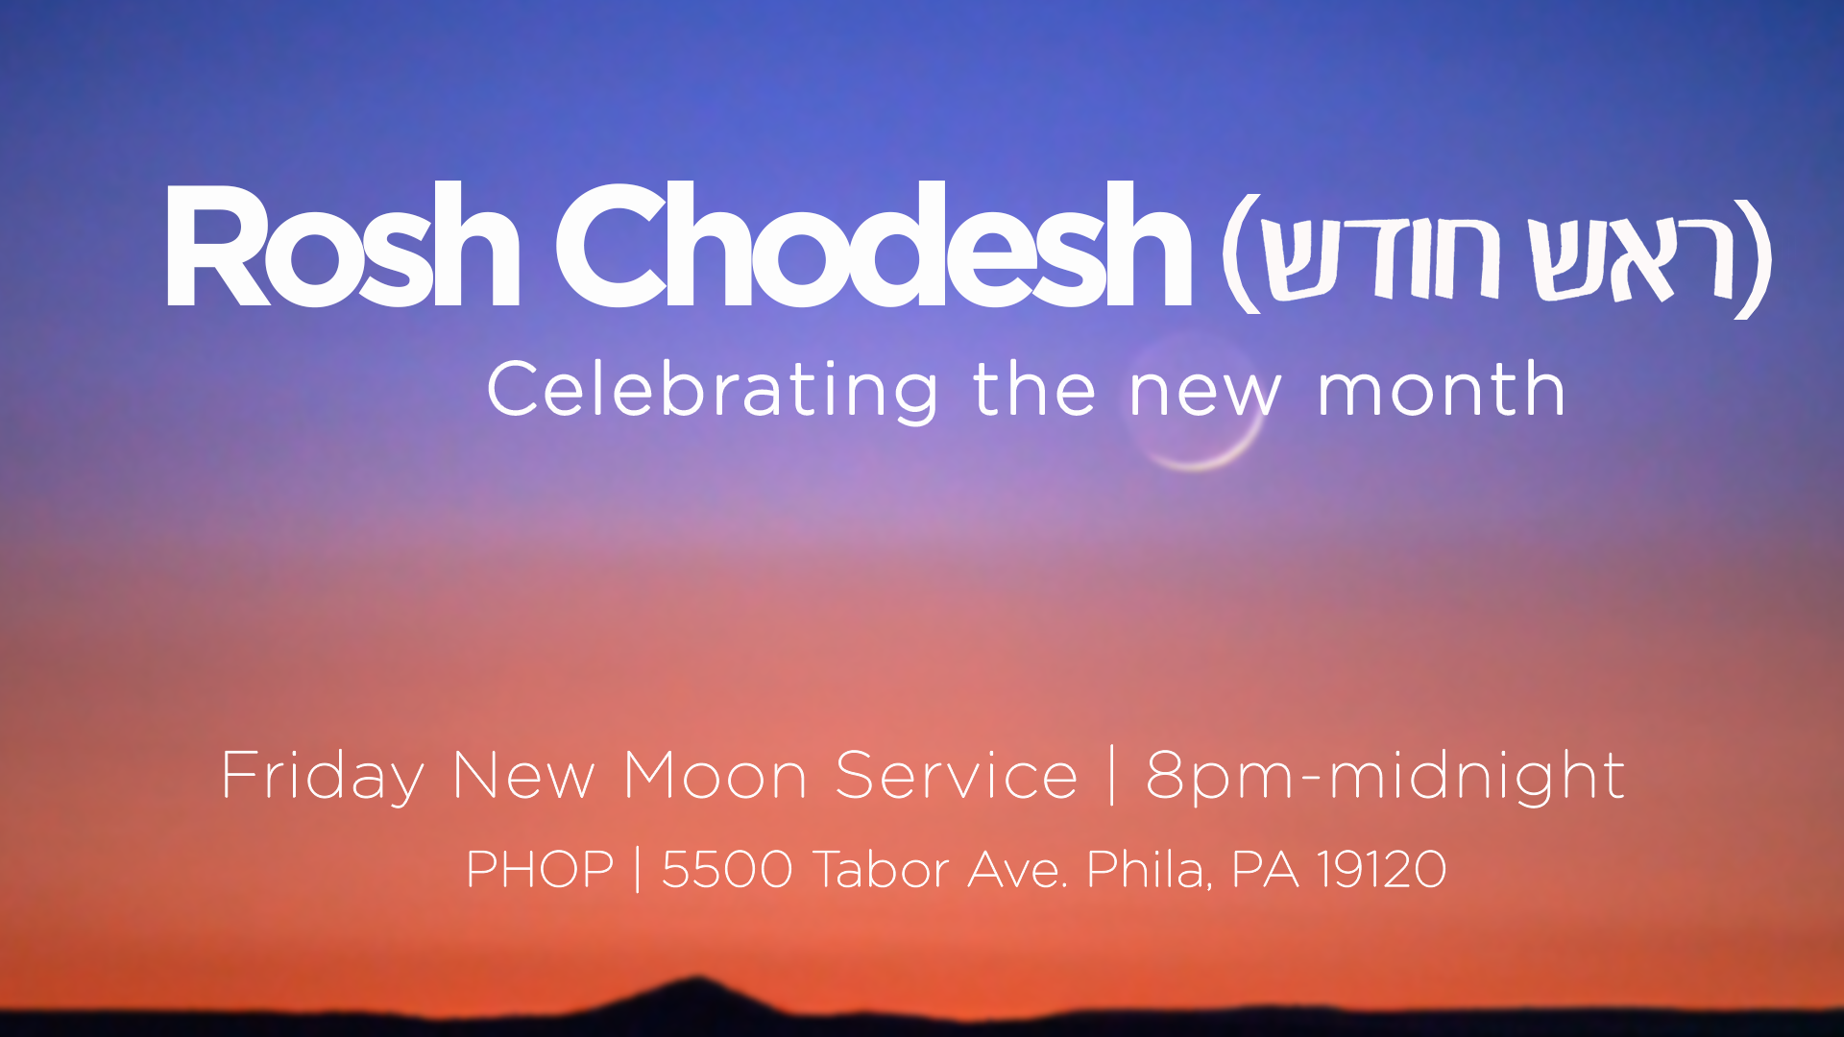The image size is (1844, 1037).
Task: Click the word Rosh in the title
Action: point(342,245)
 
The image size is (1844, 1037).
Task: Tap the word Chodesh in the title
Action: point(873,245)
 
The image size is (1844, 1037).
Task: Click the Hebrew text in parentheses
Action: point(1497,255)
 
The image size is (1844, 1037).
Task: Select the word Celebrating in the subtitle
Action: point(713,391)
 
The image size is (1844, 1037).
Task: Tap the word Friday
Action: point(323,777)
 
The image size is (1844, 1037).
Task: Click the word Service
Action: point(957,775)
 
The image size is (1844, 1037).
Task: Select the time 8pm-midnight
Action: point(1385,776)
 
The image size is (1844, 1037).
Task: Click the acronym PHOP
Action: point(540,870)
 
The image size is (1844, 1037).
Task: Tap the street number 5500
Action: point(727,870)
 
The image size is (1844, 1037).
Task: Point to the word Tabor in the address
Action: point(883,870)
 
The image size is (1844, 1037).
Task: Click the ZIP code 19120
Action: point(1382,870)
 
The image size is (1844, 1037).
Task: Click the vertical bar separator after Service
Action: point(1112,775)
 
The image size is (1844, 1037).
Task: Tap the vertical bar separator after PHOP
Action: point(638,870)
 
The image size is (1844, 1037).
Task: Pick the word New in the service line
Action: point(523,775)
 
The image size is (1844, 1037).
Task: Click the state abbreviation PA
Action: point(1265,870)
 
